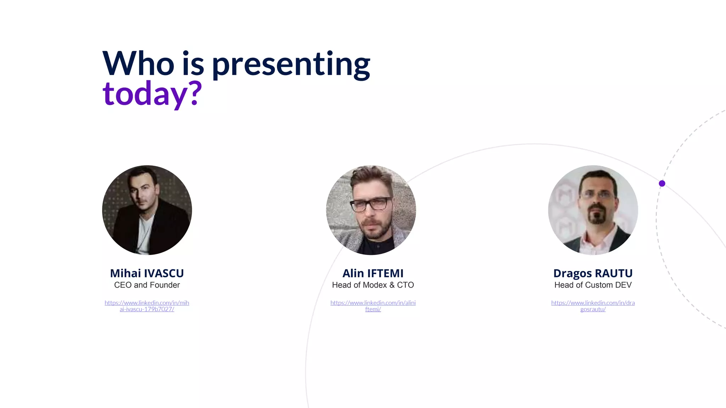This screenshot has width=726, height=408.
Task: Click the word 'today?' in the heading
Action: [152, 93]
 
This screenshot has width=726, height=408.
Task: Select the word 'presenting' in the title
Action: [291, 64]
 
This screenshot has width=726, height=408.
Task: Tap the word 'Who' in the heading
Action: [138, 64]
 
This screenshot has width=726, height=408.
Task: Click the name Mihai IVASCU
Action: [147, 273]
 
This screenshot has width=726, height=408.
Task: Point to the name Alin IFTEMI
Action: [373, 273]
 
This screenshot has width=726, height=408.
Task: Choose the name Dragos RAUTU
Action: [593, 273]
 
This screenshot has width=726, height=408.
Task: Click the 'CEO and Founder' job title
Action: [147, 285]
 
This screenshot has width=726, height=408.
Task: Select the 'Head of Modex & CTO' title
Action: [373, 285]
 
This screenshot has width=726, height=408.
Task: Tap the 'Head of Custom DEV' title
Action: [593, 285]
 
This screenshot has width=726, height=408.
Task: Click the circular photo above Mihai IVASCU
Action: [147, 210]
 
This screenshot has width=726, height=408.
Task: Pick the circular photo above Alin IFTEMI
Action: [371, 210]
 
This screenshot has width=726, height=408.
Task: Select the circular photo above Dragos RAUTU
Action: [593, 210]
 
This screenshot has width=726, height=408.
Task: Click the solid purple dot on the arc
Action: [662, 183]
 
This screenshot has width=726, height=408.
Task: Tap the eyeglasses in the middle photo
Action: [370, 205]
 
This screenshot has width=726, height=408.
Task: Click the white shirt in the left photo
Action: [145, 234]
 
